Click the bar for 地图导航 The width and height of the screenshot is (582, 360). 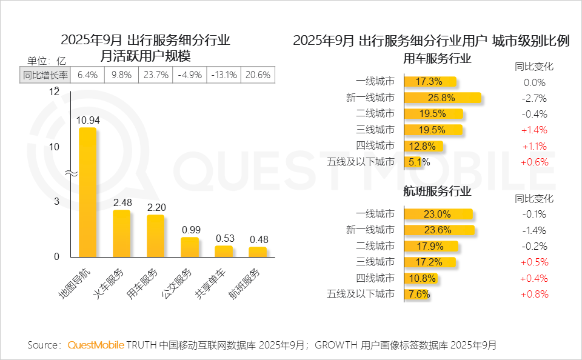click(88, 191)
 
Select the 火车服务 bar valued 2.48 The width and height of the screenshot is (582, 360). click(122, 233)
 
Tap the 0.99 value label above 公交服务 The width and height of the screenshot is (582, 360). click(190, 230)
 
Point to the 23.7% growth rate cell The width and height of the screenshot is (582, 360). click(156, 75)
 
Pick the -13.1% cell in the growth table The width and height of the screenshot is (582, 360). click(224, 75)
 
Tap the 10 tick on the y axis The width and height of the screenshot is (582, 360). click(55, 147)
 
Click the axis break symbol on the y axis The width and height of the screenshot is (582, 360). click(71, 173)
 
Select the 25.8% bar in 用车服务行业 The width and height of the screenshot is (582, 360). click(442, 98)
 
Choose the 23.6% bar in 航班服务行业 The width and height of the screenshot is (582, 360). click(439, 230)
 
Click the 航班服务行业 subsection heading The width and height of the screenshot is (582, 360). click(436, 192)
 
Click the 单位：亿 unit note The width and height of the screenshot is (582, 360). click(46, 60)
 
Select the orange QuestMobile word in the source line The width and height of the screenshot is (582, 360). click(96, 345)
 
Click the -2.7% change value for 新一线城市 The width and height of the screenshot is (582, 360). click(534, 98)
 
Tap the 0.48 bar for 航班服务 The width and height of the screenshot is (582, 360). click(258, 252)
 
